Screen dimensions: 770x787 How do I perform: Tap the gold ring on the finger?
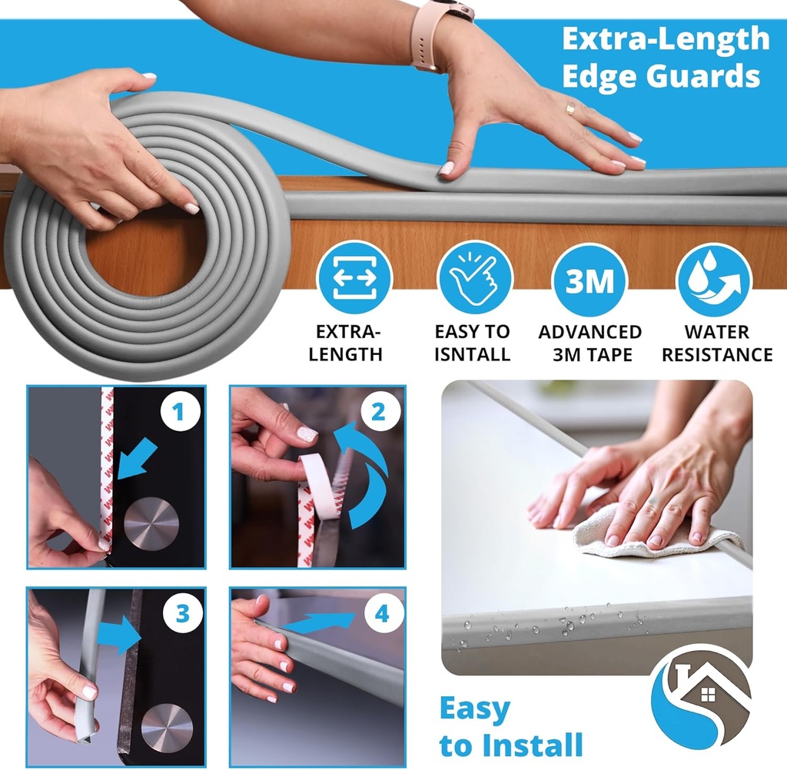pos(569,110)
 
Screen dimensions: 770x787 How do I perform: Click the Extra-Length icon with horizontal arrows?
pos(354,279)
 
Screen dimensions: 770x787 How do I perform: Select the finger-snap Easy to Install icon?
pos(473,279)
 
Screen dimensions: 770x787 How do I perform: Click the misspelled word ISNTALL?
pos(472,354)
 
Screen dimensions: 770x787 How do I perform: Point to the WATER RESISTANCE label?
pos(717,344)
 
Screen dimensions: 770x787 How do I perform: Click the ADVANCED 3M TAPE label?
pos(589,344)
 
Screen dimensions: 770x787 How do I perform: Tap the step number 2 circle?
pos(378,413)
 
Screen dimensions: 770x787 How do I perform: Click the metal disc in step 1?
pos(151,526)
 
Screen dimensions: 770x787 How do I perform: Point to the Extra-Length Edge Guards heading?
pos(664,58)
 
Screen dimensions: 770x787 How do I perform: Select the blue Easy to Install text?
pos(510,727)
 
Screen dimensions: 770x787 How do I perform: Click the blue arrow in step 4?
pos(323,622)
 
